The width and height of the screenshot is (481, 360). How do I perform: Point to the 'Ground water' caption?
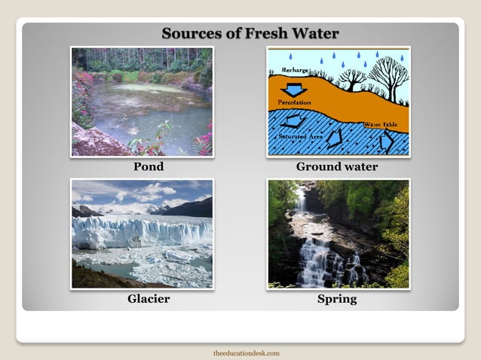pos(337,166)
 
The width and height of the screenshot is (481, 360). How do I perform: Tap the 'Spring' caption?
pos(337,299)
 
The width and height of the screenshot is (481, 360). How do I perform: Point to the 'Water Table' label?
pos(380,124)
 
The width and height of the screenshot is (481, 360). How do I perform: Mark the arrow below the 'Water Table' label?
pos(387,141)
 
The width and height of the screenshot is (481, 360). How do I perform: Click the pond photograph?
pos(142,102)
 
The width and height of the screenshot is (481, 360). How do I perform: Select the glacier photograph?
pos(142,233)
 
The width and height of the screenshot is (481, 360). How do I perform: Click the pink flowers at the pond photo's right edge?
pos(204,139)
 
